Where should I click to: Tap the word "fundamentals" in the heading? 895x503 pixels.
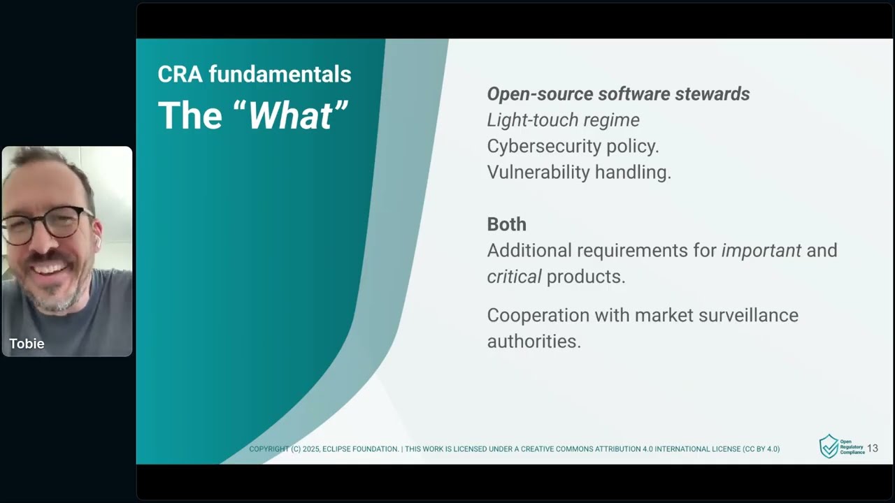(x=280, y=74)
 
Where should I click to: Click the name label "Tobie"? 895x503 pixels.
(x=27, y=344)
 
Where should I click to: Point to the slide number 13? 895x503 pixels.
(x=873, y=449)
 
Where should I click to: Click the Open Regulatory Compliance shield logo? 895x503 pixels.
(x=829, y=446)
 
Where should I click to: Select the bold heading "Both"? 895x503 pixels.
(x=506, y=224)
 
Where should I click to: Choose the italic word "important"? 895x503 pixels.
(x=761, y=250)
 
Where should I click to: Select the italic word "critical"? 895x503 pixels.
(x=514, y=276)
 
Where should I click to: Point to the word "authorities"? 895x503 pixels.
(x=534, y=341)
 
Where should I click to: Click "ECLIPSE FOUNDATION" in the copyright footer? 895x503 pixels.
(x=360, y=449)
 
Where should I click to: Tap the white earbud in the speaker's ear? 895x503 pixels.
(x=98, y=241)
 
